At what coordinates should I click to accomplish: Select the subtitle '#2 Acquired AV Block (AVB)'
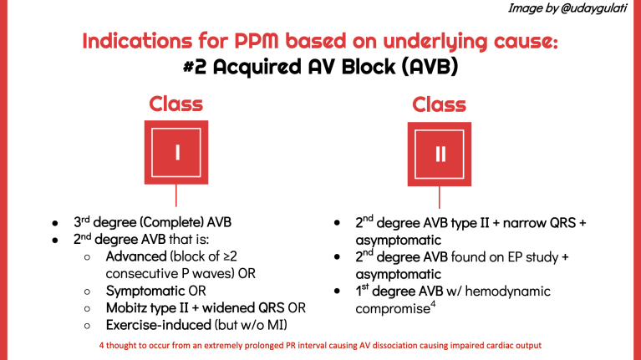[320, 68]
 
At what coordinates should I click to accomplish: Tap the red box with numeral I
[176, 152]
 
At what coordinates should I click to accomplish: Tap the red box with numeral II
[440, 152]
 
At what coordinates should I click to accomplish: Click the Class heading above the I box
[176, 104]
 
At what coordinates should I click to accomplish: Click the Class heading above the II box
[440, 104]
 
